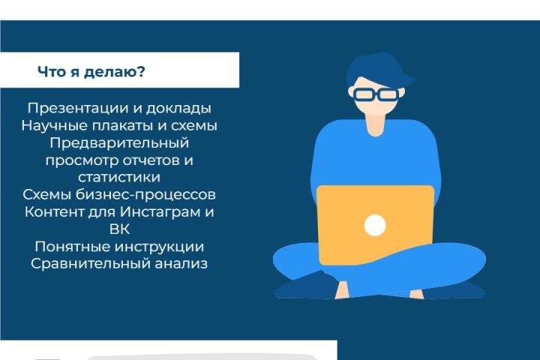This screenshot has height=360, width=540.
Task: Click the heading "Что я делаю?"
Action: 91,73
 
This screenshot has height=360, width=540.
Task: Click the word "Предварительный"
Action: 119,142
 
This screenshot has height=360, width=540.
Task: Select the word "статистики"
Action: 119,177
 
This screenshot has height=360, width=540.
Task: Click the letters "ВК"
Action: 119,229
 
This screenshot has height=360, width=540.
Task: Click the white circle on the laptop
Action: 375,225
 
